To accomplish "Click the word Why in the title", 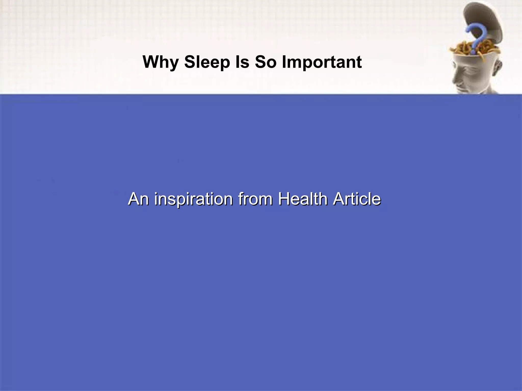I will [x=160, y=62].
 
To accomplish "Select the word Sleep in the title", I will [x=207, y=62].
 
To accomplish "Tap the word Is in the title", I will [x=242, y=62].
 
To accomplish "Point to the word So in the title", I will [x=266, y=62].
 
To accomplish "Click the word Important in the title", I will [x=322, y=62].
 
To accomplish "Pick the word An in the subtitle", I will [x=138, y=199].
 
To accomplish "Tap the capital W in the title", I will [x=151, y=62].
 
